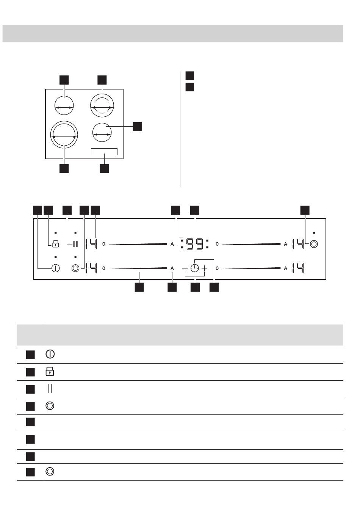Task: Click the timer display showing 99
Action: (x=194, y=244)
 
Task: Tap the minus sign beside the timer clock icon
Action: (x=185, y=268)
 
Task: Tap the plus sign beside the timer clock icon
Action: (x=204, y=268)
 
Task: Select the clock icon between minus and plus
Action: (x=194, y=268)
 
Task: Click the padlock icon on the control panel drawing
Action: (x=55, y=244)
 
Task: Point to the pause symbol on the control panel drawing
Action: (x=75, y=244)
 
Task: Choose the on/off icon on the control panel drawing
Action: (x=55, y=268)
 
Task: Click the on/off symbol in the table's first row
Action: (x=50, y=354)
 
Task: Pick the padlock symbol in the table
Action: (x=50, y=372)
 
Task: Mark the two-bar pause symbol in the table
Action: (x=50, y=389)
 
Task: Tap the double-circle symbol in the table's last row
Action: (x=50, y=471)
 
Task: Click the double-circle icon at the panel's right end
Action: (x=314, y=244)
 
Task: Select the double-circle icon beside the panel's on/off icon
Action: (x=75, y=268)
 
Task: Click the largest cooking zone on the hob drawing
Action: (x=64, y=135)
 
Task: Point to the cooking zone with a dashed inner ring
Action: (x=102, y=105)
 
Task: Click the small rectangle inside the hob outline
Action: (x=104, y=152)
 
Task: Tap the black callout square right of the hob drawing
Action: (x=137, y=127)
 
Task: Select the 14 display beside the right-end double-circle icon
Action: (x=298, y=244)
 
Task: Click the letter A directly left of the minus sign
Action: (x=172, y=268)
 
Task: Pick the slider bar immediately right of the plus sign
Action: (x=251, y=268)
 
